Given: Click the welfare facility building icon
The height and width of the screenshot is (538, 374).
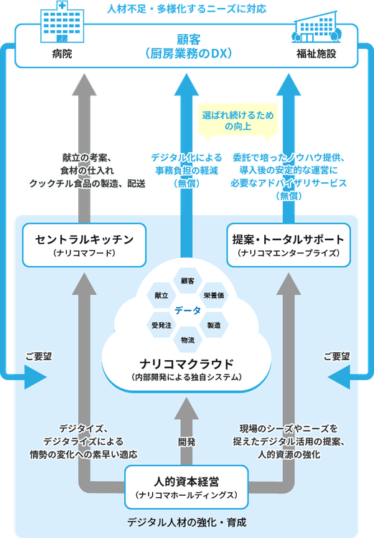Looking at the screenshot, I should [315, 28].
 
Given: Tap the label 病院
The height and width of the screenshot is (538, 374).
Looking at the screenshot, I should [62, 54].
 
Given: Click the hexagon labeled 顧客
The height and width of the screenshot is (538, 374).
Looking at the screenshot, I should [187, 279].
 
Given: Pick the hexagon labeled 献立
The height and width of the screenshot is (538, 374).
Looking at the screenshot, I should [161, 295].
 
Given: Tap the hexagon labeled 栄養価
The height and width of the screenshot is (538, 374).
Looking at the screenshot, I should [214, 295].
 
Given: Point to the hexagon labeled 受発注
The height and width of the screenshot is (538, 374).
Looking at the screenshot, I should [161, 326].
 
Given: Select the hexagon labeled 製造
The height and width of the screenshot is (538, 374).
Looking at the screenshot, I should [214, 326].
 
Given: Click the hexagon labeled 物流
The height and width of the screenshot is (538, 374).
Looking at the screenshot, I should [187, 339].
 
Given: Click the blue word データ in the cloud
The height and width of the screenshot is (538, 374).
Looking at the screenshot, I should [187, 310].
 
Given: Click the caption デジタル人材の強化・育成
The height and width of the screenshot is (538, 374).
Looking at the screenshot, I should [187, 523].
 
